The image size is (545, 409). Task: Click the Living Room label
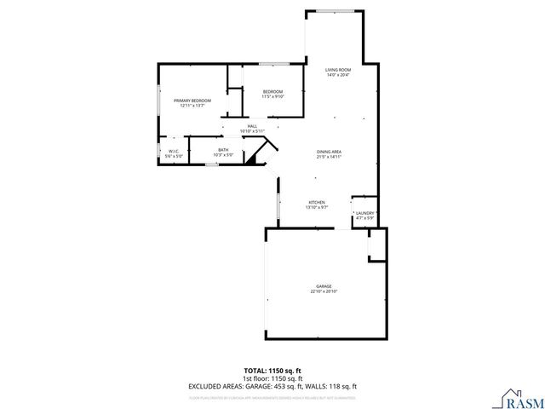338,70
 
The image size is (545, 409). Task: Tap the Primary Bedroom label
192,101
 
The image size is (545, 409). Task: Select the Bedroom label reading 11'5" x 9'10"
272,91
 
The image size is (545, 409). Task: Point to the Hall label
253,126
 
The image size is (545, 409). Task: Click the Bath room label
223,150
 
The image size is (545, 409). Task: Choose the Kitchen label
317,203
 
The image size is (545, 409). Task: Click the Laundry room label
365,213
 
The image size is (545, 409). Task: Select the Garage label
324,286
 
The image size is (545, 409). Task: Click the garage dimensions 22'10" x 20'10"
324,291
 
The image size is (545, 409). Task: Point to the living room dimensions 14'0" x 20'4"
338,75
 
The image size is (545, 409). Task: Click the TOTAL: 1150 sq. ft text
272,370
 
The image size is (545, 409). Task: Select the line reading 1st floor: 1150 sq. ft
272,377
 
